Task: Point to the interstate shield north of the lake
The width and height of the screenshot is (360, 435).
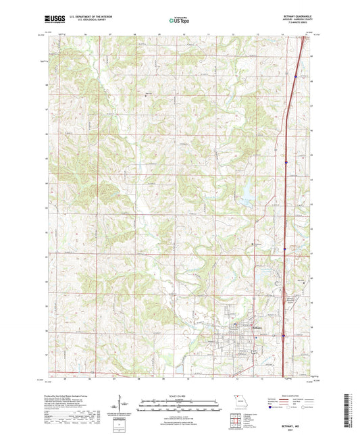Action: point(286,162)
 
